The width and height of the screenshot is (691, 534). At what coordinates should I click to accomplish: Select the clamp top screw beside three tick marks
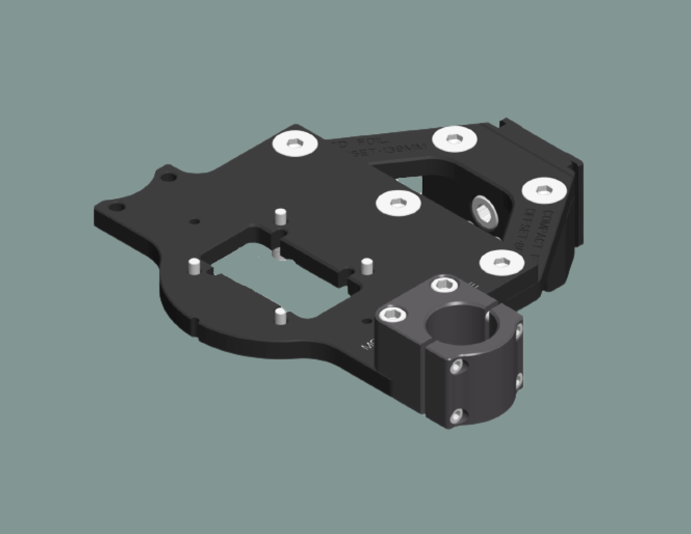coord(444,285)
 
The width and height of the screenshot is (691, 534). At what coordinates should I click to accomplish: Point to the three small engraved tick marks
coord(474,285)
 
